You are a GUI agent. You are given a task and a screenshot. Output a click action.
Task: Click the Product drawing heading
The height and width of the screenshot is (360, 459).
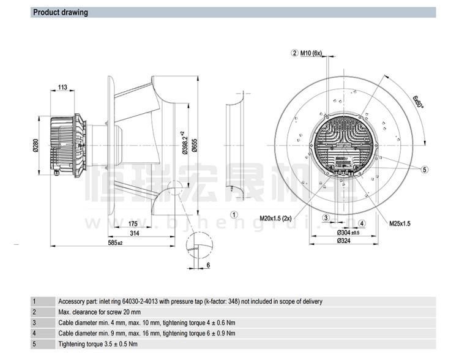pos(60,12)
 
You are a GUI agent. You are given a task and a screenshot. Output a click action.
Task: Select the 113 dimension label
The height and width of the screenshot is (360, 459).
pos(63,88)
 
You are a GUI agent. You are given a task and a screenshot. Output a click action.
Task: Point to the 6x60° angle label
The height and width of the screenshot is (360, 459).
pos(419,100)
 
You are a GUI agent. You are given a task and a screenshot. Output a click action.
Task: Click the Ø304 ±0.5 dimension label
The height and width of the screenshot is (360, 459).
pos(345,233)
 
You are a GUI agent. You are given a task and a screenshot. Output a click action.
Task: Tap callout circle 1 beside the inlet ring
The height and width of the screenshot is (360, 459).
pos(234,215)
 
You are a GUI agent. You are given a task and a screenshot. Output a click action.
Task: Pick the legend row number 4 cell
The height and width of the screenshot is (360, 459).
pos(35,332)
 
